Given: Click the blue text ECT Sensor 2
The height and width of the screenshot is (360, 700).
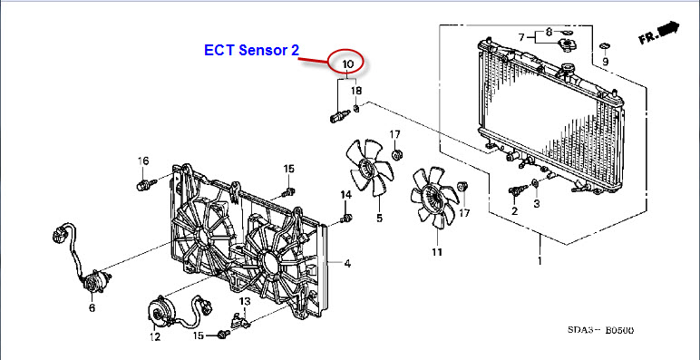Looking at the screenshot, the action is coord(251,50).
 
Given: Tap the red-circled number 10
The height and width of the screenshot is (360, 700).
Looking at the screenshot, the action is coord(348,64).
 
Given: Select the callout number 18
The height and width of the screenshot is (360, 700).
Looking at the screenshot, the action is coord(356,91).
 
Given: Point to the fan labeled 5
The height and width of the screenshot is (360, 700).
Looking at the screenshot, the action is coord(371,167).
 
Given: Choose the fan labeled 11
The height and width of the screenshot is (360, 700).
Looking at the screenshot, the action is coord(434,197).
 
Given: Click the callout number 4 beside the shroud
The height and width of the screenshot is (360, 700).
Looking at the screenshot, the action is coord(347,264).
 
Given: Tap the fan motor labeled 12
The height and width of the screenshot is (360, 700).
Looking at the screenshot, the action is coord(159,311).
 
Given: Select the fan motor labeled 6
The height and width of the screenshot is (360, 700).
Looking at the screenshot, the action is coord(93,282).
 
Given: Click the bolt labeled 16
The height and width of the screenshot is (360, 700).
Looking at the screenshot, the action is coord(146,184).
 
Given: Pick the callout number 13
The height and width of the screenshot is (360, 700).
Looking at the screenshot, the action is coord(245,301).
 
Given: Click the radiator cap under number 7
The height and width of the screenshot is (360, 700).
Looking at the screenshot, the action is coord(567,45).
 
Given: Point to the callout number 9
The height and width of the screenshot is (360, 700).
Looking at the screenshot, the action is coord(605,61).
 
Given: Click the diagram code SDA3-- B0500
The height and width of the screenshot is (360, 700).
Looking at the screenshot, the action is coord(600,330).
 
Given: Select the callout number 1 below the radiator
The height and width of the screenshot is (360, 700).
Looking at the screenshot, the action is coord(540,260).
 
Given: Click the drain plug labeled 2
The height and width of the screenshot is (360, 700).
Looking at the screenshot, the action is coord(518,190).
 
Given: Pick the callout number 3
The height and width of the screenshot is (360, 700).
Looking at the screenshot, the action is coord(536,203).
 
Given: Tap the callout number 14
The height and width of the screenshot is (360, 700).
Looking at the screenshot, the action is coord(346,194).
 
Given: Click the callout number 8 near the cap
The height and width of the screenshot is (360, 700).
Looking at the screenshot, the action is coord(549,32).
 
